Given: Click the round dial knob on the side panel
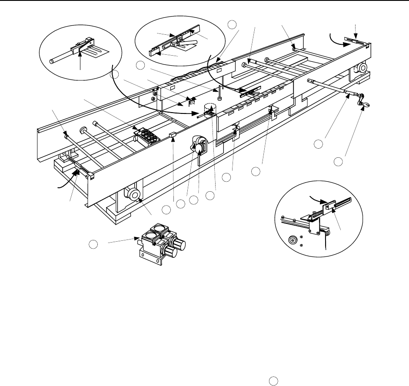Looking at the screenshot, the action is pos(200,148).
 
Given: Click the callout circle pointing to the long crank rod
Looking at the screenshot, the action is pos(319,143).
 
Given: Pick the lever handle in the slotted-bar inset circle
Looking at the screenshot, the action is pos(192,43).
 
